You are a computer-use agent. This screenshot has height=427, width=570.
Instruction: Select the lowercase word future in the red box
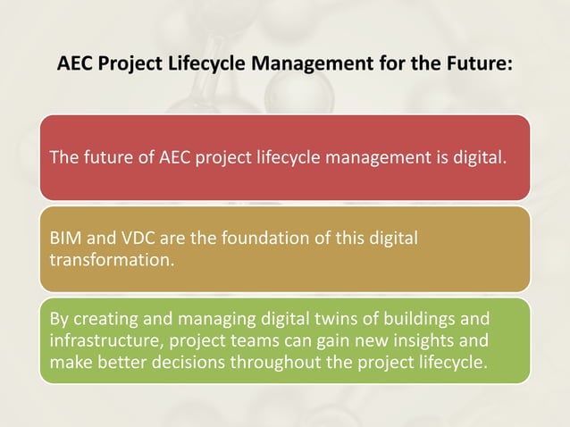[x=100, y=159]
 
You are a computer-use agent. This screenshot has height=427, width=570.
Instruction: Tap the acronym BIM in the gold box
[x=65, y=239]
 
